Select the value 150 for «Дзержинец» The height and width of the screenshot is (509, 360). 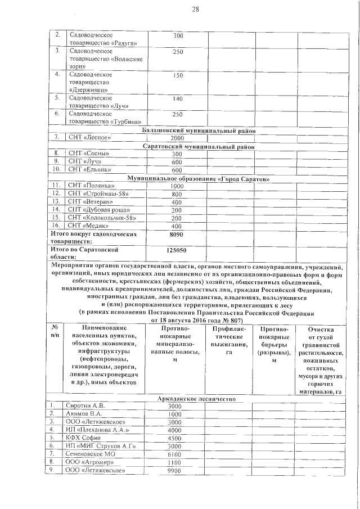tap(178, 75)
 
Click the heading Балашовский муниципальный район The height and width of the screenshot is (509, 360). tap(199, 130)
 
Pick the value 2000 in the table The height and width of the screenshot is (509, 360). tap(177, 138)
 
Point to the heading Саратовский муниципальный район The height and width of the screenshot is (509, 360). tap(199, 146)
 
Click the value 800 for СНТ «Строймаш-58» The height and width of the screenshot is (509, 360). tap(177, 194)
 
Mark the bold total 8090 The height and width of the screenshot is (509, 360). tap(177, 233)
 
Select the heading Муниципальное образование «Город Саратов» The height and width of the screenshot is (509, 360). tap(199, 179)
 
